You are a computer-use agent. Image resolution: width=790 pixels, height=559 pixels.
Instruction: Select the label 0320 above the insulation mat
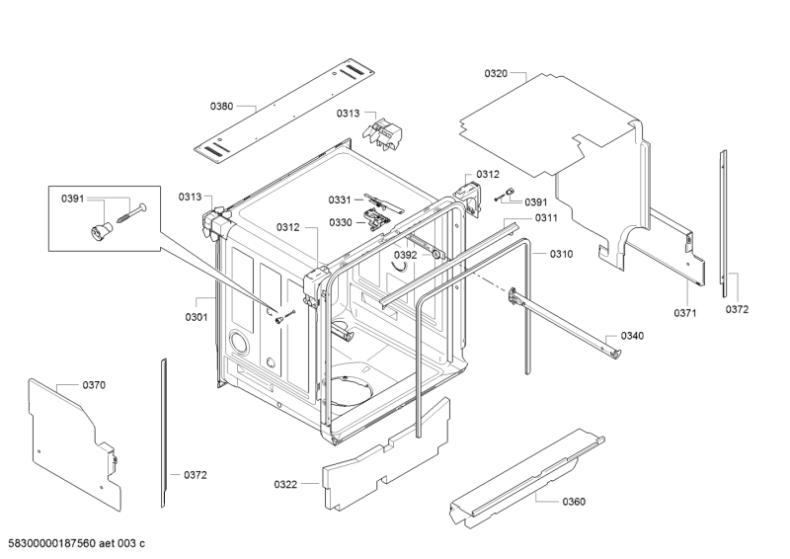coord(496,73)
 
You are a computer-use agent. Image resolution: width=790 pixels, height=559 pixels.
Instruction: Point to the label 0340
coord(632,336)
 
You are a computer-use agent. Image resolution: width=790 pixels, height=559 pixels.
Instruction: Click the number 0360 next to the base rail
coord(573,502)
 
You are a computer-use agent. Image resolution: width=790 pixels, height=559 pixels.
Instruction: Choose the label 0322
coord(285,484)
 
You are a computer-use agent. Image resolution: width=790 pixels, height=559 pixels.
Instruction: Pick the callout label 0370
coord(94,384)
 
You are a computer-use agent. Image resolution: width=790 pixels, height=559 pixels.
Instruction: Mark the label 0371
coord(686,313)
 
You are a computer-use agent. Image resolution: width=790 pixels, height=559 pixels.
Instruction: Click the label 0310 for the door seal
coord(561,254)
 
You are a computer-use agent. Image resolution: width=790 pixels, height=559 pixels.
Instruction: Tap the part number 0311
coord(546,217)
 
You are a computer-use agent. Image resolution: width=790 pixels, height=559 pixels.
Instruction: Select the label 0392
coord(406,255)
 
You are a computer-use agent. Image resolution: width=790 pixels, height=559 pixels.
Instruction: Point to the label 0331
coord(340,200)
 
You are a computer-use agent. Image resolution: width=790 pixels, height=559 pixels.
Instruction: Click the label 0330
coord(340,222)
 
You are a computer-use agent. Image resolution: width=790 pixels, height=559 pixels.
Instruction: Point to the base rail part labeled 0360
coord(523,469)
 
